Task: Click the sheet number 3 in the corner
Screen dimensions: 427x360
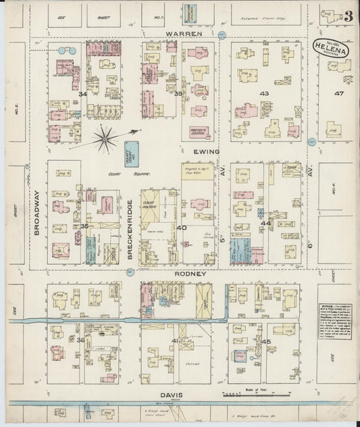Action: coord(347,17)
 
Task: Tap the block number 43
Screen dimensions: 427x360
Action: coord(264,93)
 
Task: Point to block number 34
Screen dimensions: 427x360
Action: coord(82,94)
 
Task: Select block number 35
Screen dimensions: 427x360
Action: coord(84,226)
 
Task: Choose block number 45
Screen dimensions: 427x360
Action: coord(266,341)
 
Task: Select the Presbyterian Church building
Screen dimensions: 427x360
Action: coord(199,131)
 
